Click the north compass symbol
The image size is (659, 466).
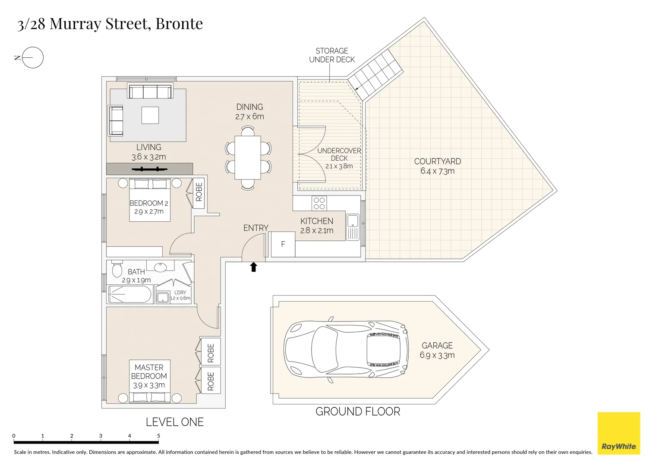[x=32, y=57]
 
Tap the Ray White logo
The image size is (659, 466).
[x=618, y=433]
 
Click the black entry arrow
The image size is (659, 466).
[x=254, y=267]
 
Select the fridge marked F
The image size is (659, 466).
[x=283, y=244]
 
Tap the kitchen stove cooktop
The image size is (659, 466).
[x=319, y=203]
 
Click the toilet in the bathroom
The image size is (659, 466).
[x=117, y=270]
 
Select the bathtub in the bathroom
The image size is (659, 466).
[x=129, y=295]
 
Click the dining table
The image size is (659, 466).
[x=248, y=157]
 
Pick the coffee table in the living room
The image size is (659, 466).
[x=150, y=115]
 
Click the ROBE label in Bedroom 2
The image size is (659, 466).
[x=199, y=192]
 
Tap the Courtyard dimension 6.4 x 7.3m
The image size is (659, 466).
[x=437, y=171]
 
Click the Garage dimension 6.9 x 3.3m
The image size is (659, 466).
[x=437, y=355]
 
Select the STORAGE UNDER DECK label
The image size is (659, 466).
[x=332, y=55]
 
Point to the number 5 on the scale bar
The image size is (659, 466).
[x=158, y=436]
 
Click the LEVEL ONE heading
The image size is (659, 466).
[x=174, y=422]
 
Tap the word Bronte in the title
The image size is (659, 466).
[x=179, y=24]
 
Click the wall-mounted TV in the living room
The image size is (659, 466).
[x=149, y=169]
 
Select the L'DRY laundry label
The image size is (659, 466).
[x=180, y=293]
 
